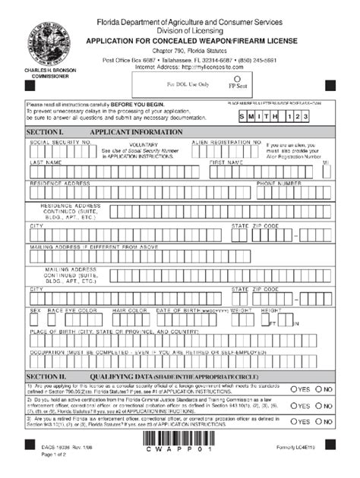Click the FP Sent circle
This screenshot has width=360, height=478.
(x=238, y=78)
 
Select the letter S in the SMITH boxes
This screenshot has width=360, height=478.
(x=243, y=118)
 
